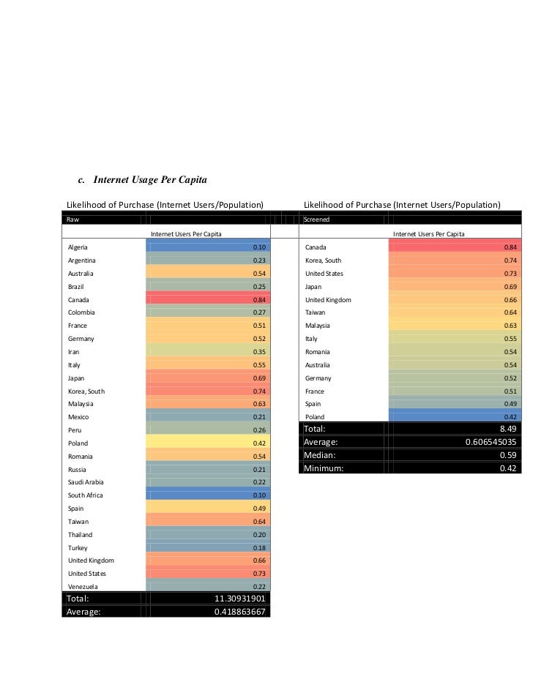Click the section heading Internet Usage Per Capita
coord(143,179)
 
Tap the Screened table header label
coord(317,219)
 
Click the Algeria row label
coord(78,247)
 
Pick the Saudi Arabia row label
coord(85,482)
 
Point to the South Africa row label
coord(85,495)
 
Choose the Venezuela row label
coord(83,587)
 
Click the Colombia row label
coord(81,312)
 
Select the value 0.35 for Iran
coord(258,352)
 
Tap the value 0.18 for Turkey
coord(258,547)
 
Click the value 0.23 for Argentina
coord(258,260)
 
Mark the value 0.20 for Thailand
coord(258,535)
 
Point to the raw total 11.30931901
coord(239,599)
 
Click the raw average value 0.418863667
coord(239,612)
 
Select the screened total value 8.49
coord(508,429)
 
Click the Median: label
coord(323,455)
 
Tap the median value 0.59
coord(508,455)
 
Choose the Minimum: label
coord(327,468)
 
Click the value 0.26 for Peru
coord(258,430)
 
